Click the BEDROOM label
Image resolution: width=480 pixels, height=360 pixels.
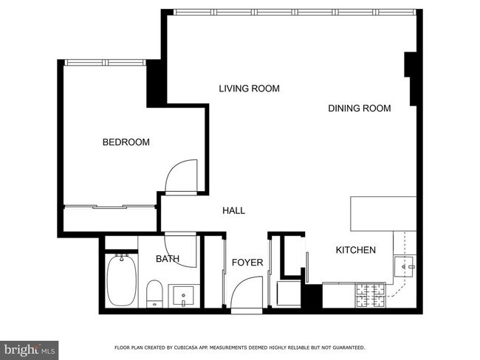coord(126,142)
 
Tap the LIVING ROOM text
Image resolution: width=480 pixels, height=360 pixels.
coord(249,89)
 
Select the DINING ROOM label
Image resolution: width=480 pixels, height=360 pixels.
coord(359,108)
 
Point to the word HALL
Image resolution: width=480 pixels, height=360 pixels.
coord(233,211)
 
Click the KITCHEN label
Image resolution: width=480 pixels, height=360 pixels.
coord(355,250)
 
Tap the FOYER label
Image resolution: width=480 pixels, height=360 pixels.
coord(247,263)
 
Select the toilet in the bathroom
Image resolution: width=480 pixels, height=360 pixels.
coord(154,294)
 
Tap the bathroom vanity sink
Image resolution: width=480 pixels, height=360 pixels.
coord(182,297)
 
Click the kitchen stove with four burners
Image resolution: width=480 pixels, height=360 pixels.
coord(371,297)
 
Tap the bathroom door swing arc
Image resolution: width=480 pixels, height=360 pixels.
coord(181,251)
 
